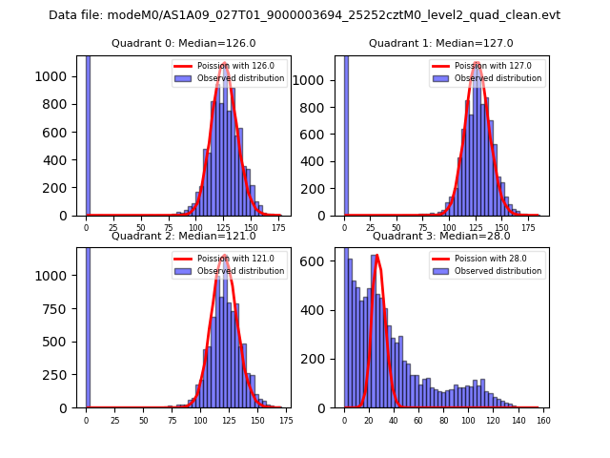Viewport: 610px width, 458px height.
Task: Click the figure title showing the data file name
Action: tap(304, 15)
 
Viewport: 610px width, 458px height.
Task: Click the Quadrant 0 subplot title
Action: tap(183, 43)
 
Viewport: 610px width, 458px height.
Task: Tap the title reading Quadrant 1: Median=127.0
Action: tap(440, 43)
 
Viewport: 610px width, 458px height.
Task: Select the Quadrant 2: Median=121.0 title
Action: tap(183, 236)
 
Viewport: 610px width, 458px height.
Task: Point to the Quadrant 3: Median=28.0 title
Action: tap(440, 236)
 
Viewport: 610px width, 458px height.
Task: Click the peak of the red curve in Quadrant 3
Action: tap(377, 255)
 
